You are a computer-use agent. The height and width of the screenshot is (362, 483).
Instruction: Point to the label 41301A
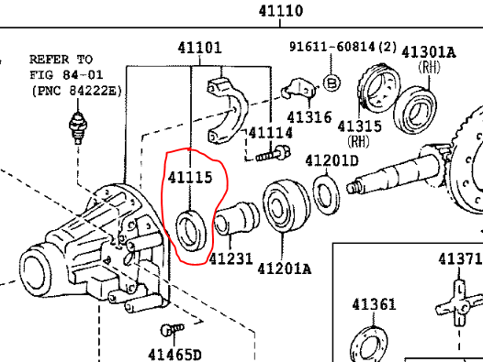pos(428,52)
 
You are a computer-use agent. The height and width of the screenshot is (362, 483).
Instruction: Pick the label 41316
pos(309,116)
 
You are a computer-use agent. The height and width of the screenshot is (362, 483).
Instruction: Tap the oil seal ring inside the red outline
pos(191,228)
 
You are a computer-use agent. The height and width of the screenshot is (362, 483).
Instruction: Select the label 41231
pos(230,259)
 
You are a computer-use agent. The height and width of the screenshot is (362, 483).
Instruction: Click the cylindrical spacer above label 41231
pos(235,221)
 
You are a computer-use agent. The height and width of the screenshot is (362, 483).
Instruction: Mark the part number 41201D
pos(332,161)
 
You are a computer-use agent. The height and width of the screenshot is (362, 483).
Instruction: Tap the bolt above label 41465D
pos(168,330)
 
